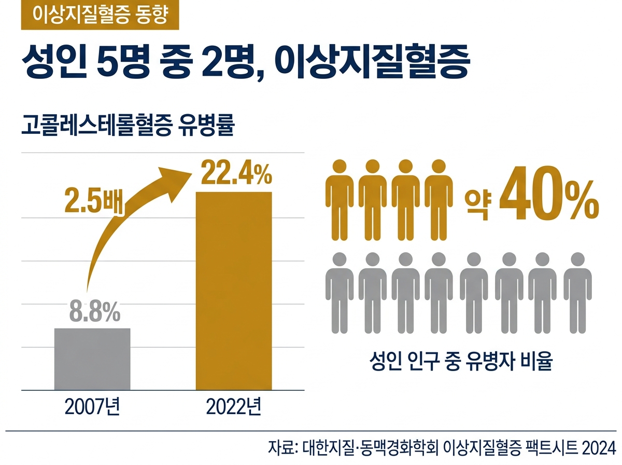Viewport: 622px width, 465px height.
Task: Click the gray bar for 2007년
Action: [x=92, y=359]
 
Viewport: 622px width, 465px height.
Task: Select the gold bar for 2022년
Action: [x=234, y=291]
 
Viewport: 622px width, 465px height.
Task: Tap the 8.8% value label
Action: [x=95, y=312]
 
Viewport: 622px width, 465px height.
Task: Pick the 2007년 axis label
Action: [x=92, y=407]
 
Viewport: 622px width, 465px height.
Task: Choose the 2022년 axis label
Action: [x=234, y=407]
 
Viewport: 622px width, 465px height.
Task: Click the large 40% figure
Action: [x=549, y=194]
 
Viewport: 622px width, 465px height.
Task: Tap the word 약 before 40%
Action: [x=478, y=202]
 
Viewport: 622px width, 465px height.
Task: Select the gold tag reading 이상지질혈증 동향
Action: [x=100, y=15]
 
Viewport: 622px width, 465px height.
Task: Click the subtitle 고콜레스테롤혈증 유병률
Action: [x=128, y=125]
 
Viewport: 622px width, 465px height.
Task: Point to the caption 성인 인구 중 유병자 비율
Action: [x=461, y=361]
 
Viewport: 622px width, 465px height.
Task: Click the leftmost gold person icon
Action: [x=340, y=200]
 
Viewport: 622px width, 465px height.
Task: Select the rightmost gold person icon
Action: [x=439, y=200]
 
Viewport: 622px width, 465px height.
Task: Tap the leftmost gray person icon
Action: [x=340, y=293]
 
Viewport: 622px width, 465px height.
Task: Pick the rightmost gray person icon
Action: [x=577, y=293]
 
